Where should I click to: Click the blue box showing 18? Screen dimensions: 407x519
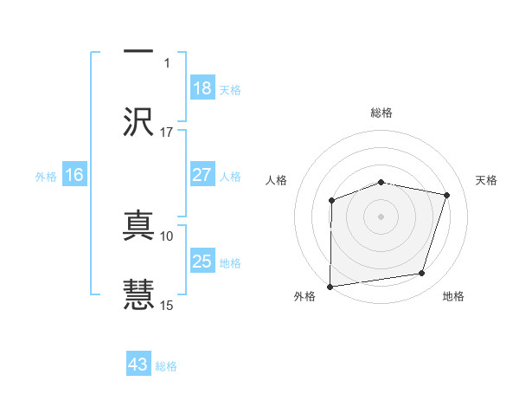202,88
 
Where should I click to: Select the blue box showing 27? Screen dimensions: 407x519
202,175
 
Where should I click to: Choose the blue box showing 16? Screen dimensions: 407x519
74,175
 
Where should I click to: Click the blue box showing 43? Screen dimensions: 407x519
138,365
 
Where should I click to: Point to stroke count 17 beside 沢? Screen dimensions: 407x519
167,132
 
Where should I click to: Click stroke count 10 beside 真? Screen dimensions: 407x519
167,236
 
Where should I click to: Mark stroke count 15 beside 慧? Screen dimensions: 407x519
167,305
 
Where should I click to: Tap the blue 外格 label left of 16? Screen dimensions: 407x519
46,176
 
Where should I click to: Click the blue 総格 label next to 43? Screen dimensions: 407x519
166,365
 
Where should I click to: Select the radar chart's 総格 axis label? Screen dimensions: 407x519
381,113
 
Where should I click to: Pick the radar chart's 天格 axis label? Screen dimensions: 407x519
486,180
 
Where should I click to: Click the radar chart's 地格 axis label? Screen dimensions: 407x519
453,296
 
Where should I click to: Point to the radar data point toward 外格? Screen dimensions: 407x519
330,286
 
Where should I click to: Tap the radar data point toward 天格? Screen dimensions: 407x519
446,195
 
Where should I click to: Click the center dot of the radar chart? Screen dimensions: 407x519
381,216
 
